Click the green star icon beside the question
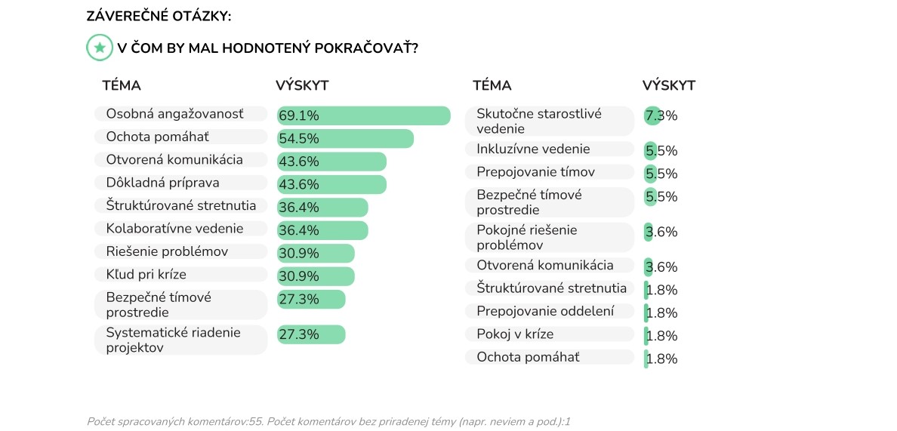point(100,48)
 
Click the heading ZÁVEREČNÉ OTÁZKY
point(159,15)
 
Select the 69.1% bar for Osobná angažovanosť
point(363,115)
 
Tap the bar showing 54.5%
point(345,139)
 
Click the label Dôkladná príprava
point(162,183)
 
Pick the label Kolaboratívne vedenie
point(174,229)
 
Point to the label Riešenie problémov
point(167,251)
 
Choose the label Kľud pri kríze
point(146,274)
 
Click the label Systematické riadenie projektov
point(173,340)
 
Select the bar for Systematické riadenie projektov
point(311,334)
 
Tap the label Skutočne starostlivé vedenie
point(539,121)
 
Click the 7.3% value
point(661,116)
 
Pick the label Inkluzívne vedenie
point(533,149)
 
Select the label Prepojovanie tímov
point(535,172)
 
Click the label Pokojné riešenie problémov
point(526,237)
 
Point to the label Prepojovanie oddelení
point(545,311)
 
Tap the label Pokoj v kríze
point(515,334)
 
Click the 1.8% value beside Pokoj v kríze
point(662,336)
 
